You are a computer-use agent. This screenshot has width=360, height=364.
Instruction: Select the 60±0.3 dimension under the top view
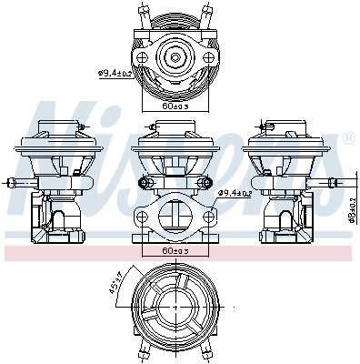(x=175, y=106)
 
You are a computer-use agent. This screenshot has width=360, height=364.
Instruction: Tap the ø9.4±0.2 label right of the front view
(x=239, y=193)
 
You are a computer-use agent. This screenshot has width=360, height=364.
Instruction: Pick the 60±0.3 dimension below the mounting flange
(x=175, y=249)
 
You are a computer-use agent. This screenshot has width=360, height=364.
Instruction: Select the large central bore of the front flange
(x=175, y=216)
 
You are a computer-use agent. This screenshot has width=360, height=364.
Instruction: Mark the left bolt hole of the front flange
(x=141, y=217)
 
